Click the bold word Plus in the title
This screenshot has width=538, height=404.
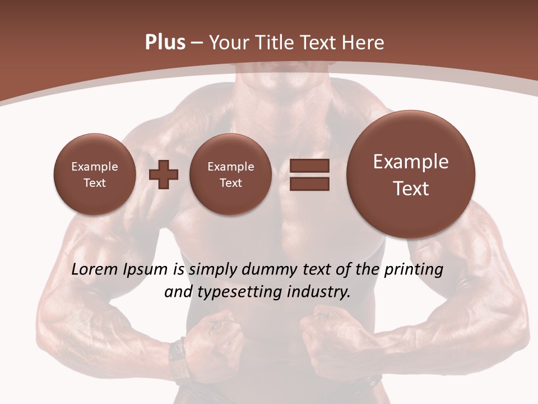tap(165, 42)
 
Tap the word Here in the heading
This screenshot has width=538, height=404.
tap(364, 42)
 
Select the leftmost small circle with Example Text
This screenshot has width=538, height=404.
tap(94, 175)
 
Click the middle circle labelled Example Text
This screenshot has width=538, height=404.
tap(230, 175)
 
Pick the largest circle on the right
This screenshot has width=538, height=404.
tap(411, 175)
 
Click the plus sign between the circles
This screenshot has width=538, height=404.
tap(164, 175)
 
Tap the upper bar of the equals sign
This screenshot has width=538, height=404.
tap(309, 166)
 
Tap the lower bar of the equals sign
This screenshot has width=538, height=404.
tap(309, 184)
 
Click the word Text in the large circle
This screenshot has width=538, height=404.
tap(411, 189)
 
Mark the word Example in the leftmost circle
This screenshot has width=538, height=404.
tap(94, 167)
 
